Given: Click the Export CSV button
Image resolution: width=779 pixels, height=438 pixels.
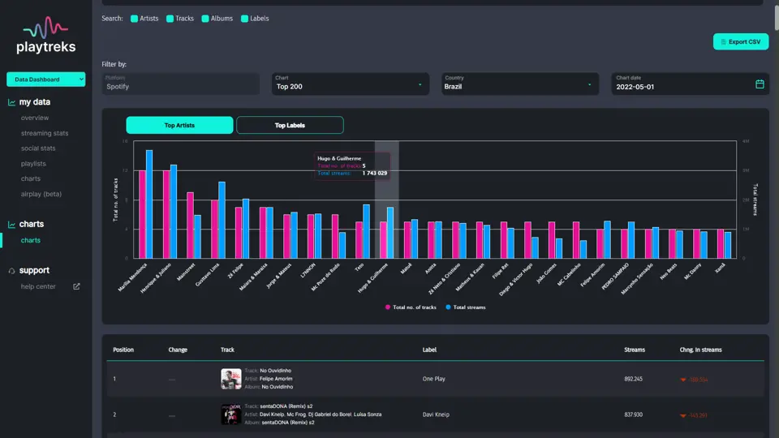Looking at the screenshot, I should coord(740,41).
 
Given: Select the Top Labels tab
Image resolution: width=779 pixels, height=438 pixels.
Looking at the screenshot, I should coord(290,125).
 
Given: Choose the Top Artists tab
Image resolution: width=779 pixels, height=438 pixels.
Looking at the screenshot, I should coord(179,125).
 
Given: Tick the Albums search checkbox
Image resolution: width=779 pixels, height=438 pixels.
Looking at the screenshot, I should coord(205,19).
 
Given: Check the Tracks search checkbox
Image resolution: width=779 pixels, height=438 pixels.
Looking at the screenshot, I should coord(170,19).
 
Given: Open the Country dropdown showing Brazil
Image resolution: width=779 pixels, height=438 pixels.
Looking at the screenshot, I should coord(519,84).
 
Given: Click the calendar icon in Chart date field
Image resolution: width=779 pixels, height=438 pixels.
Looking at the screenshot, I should coord(760,84).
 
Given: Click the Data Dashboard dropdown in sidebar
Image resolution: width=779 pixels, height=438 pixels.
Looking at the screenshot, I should coord(45,79).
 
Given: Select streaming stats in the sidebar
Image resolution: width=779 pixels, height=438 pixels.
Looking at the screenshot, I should coord(45,133).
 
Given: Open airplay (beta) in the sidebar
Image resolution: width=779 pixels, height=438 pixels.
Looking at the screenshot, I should coord(41,194).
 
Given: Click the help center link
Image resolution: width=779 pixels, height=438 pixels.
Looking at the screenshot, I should coord(39,286).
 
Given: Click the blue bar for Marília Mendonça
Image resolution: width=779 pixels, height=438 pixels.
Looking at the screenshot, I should coord(149,204).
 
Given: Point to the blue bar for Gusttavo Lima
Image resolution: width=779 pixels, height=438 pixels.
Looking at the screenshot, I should coord(222,219).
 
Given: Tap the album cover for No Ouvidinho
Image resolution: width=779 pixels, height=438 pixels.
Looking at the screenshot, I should coord(230,379).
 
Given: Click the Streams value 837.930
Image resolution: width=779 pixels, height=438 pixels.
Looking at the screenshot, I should coord(634,414).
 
